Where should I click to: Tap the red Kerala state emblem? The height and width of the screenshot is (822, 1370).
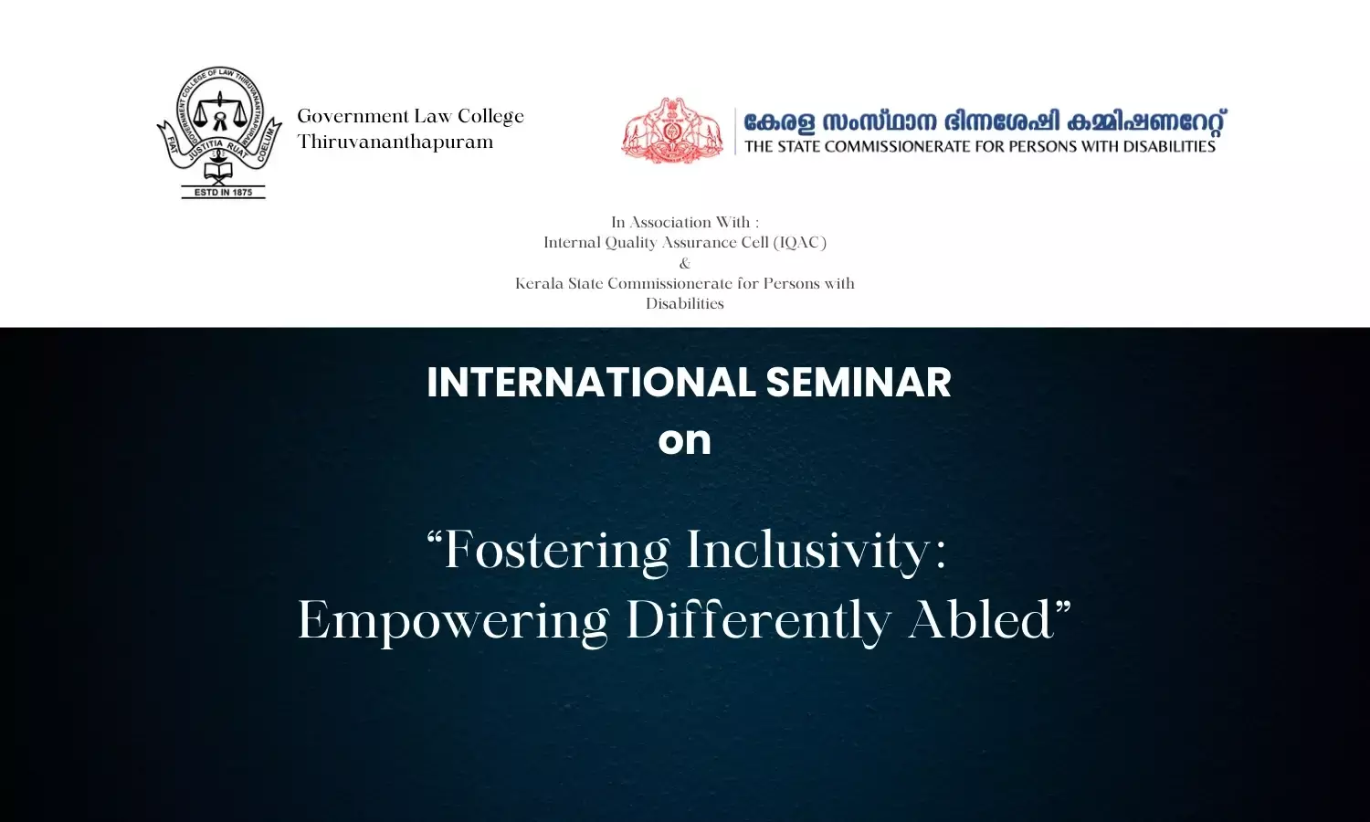[x=672, y=131]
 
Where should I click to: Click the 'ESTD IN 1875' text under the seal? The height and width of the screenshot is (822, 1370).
[x=223, y=192]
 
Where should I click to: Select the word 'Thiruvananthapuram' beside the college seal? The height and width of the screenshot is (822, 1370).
[x=395, y=142]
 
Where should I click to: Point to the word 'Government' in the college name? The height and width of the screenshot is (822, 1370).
[x=353, y=116]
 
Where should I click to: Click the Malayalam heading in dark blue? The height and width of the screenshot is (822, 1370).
[x=985, y=121]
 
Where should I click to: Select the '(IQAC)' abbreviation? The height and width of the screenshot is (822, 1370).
[x=799, y=242]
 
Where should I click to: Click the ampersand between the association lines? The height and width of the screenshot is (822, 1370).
[x=685, y=263]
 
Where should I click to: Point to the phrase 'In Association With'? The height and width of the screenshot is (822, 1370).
[x=680, y=222]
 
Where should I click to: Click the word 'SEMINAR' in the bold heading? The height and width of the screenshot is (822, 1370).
[x=859, y=383]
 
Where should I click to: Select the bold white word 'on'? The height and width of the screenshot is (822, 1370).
[x=684, y=441]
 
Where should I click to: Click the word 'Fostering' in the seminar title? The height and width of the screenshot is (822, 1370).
[x=548, y=551]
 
